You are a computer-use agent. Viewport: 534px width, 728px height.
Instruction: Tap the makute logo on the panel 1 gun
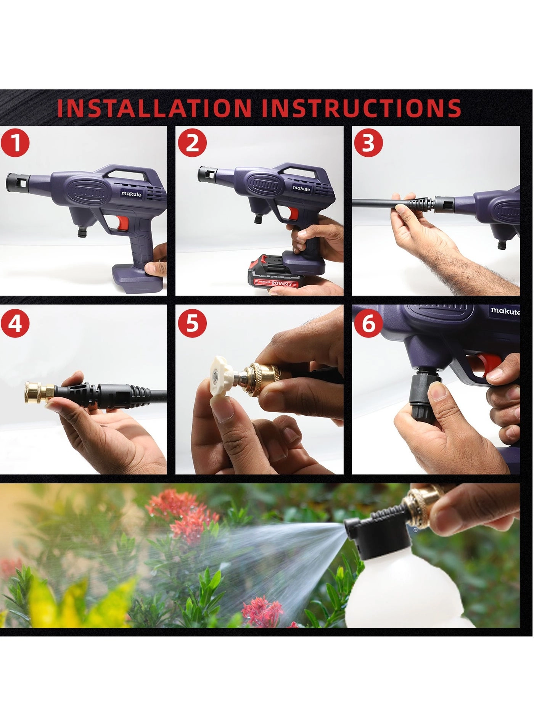[x=132, y=193]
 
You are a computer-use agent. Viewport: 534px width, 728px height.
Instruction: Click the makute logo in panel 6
[x=505, y=311]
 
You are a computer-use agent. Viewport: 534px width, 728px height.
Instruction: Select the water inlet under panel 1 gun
[x=82, y=231]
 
